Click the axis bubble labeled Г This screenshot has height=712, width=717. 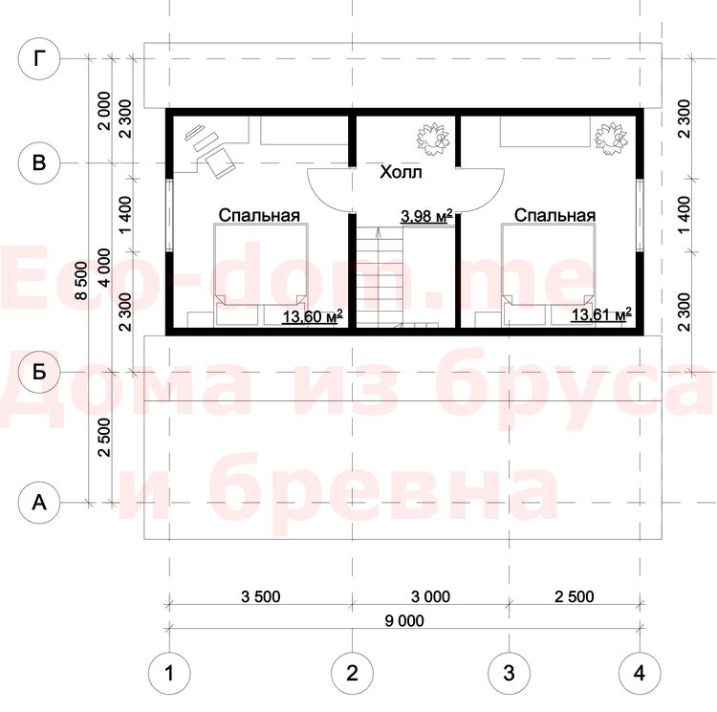tap(39, 58)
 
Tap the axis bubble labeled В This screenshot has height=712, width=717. tap(39, 163)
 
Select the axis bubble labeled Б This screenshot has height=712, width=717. tap(39, 373)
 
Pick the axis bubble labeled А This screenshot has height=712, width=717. tap(39, 503)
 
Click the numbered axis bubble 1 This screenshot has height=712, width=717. tap(169, 673)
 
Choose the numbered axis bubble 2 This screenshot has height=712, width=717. tap(352, 673)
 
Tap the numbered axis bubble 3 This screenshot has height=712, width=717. tap(509, 673)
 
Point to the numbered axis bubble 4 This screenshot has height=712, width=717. tap(640, 673)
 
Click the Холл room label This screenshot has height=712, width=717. tap(401, 172)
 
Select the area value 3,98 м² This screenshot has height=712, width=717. tap(426, 216)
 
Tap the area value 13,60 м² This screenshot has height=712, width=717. tap(313, 315)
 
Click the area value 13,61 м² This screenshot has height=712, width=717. tap(601, 314)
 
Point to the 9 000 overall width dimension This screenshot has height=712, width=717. tap(404, 620)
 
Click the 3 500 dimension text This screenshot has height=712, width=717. tap(261, 596)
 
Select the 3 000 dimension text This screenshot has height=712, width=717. tap(431, 596)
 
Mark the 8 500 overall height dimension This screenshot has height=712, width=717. tap(80, 280)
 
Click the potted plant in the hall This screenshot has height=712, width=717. tap(432, 137)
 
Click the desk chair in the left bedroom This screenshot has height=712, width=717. tap(220, 162)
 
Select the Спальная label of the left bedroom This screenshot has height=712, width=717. tap(259, 215)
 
